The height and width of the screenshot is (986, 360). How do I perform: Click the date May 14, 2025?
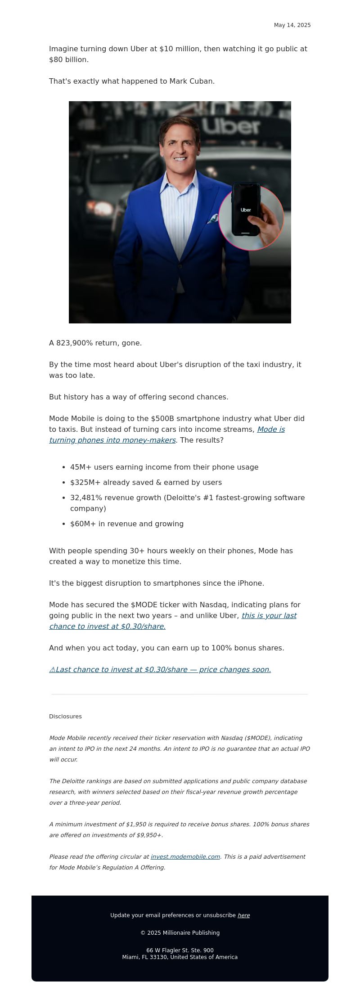click(x=292, y=25)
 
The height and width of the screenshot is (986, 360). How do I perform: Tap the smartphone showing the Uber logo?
click(x=246, y=210)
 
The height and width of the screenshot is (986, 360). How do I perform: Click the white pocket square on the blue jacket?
click(x=213, y=219)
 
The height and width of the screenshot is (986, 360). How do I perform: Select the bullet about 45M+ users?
click(x=164, y=467)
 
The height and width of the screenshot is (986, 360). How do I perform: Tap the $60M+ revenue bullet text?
click(x=127, y=524)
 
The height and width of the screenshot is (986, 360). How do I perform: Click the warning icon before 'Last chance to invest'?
click(x=52, y=669)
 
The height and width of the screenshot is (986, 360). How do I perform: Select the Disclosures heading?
click(x=65, y=716)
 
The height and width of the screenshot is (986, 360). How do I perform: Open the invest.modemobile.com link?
click(x=185, y=856)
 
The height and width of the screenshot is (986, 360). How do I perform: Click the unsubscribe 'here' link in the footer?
click(x=243, y=915)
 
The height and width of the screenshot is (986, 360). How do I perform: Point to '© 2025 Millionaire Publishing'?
click(x=180, y=932)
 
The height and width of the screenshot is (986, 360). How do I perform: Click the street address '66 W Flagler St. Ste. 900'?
click(x=180, y=950)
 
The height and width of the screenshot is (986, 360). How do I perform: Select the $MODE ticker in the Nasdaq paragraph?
click(x=143, y=605)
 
